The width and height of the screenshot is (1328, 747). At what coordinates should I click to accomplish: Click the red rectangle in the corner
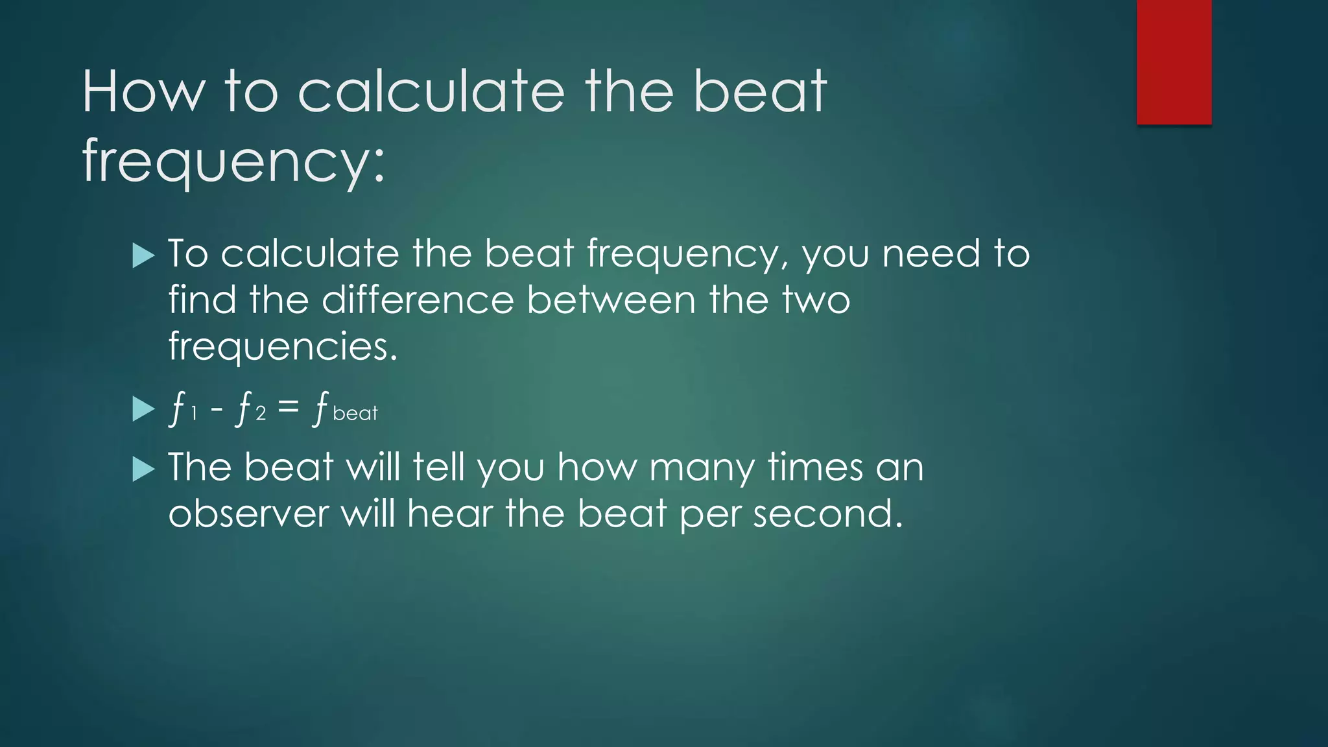[x=1174, y=62]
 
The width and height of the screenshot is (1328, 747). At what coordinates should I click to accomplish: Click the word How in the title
[x=143, y=92]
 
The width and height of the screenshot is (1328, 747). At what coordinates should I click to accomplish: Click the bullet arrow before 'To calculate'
[x=143, y=255]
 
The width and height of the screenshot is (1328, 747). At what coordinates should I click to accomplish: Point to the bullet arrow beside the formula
[x=143, y=409]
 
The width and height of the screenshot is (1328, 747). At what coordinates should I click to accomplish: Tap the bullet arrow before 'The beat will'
[x=143, y=469]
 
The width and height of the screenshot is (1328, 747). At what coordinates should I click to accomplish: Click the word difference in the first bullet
[x=418, y=300]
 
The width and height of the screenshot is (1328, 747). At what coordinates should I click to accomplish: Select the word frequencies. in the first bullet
[x=283, y=346]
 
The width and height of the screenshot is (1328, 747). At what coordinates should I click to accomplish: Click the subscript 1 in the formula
[x=193, y=414]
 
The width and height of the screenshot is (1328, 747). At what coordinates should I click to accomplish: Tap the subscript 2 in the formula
[x=261, y=414]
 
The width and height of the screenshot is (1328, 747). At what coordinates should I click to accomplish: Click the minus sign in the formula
[x=217, y=409]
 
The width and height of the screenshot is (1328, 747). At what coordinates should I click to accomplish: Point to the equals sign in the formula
[x=288, y=407]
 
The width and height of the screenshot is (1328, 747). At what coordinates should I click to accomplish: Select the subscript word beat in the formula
[x=355, y=414]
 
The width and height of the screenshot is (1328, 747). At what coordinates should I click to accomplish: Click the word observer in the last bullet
[x=249, y=514]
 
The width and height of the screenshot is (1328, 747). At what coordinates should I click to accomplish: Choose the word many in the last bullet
[x=702, y=468]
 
